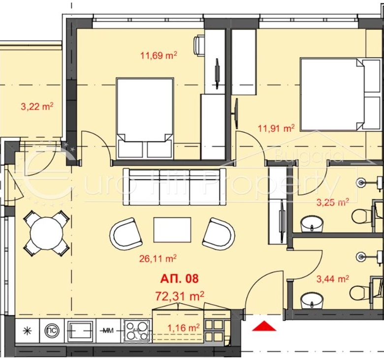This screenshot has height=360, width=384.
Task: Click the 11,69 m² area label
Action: (x=159, y=56)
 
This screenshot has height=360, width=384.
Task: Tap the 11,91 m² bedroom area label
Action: (x=276, y=128)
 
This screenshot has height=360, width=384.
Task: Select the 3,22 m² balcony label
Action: (x=37, y=107)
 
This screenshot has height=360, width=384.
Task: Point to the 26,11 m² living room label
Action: (x=158, y=259)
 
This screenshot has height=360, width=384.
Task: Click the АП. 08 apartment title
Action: (x=179, y=278)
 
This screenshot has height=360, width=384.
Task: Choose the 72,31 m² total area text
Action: (x=179, y=296)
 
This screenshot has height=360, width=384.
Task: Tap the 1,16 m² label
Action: (x=183, y=328)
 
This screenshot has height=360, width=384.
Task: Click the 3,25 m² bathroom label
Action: (x=333, y=203)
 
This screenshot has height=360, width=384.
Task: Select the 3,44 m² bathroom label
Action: (x=333, y=279)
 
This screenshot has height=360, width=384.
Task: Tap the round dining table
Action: (x=47, y=233)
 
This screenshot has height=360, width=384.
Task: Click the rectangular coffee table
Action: (x=172, y=230)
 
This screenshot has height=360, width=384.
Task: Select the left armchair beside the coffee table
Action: (x=126, y=234)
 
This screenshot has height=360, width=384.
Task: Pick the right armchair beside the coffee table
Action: (x=219, y=234)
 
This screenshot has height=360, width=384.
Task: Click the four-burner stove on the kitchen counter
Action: (x=136, y=330)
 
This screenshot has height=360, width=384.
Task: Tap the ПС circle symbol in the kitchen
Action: (x=52, y=330)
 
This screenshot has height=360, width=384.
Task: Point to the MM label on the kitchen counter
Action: (x=108, y=331)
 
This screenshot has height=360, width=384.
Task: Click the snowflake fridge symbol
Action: (x=27, y=331)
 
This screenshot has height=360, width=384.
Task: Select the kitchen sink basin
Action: (x=80, y=330)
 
